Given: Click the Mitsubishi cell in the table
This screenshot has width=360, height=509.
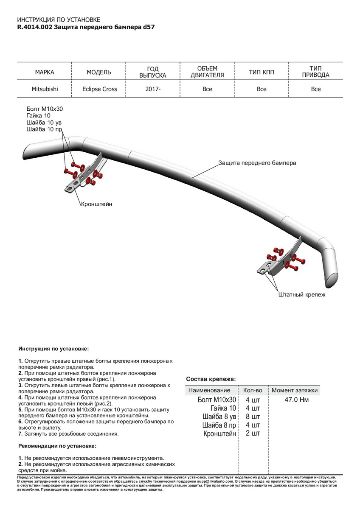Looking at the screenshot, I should pos(45,89).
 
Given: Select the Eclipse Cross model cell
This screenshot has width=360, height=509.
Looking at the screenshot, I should pos(99,89).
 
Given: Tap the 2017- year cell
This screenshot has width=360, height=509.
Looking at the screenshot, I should pos(153,89).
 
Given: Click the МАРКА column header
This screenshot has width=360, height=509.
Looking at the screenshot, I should pos(45,72).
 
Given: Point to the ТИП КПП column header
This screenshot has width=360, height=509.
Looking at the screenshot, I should pos(262,72).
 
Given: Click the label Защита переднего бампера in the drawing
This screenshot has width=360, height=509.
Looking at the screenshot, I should pos(257,162).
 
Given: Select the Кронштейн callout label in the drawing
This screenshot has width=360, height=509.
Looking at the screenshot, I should pos(96,204).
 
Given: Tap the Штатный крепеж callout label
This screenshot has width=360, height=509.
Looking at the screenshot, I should pos(301,294).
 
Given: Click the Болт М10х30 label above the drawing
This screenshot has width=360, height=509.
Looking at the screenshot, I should pos(45,109).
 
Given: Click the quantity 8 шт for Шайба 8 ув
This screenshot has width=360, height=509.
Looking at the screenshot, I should pos(253,417).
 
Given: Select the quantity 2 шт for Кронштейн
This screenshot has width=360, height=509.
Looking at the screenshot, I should pos(253,433).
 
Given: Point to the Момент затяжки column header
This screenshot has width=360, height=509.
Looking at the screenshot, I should pos(295,390).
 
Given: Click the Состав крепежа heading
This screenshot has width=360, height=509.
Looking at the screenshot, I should pos(211,379).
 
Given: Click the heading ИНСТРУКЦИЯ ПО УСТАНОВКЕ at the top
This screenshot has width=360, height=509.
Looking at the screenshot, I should pos(59,20).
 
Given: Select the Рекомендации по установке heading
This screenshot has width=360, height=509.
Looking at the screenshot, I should pos(57,446).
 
